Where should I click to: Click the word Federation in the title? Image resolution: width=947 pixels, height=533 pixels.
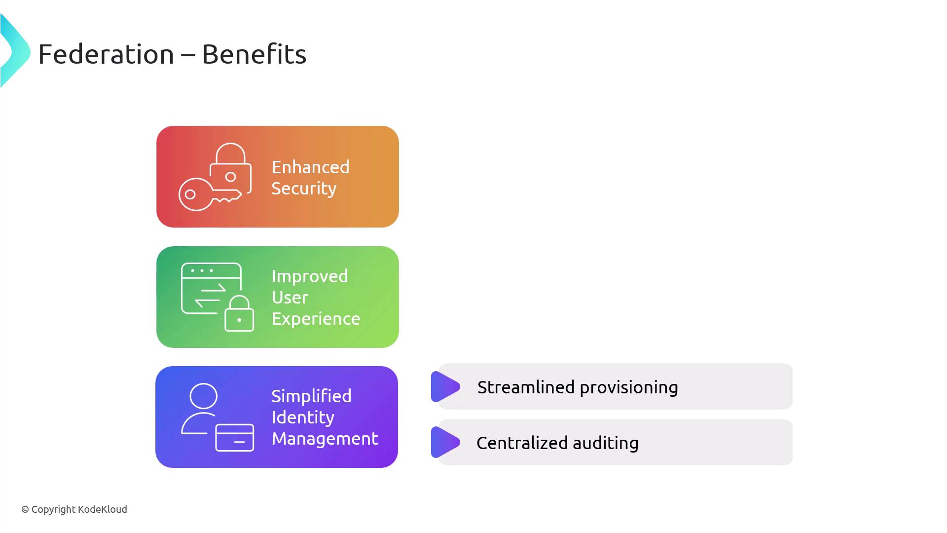106,54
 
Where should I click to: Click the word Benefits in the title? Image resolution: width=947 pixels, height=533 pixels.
254,54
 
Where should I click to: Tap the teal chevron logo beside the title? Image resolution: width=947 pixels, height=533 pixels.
15,51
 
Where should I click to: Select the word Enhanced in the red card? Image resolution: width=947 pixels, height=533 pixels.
310,167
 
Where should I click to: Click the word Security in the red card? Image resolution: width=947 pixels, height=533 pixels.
304,188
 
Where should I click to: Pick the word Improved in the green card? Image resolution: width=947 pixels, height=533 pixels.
310,276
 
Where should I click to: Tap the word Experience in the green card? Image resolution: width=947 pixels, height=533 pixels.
316,319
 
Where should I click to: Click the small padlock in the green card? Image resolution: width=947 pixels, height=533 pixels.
239,313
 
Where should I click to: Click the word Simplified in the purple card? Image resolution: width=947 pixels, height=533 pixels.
311,396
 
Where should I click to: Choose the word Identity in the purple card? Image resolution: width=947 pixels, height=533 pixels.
303,418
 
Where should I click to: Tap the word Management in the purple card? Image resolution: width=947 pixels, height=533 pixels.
325,439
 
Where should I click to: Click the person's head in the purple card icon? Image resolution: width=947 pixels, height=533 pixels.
203,396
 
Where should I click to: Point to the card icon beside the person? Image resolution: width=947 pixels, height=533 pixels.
235,437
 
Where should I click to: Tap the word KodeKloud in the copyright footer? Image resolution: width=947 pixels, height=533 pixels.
103,509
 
